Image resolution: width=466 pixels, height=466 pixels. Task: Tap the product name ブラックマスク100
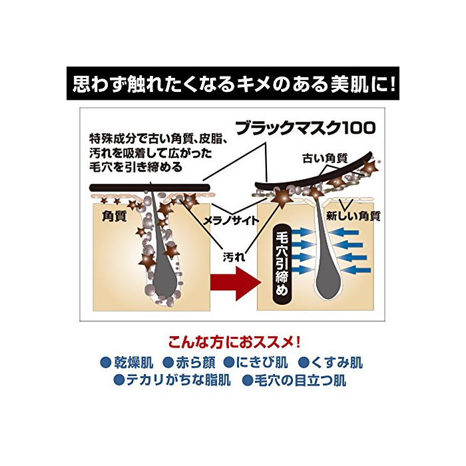tap(306, 128)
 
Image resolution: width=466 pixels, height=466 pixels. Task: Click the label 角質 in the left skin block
tap(114, 216)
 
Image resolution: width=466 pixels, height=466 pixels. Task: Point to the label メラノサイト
tap(231, 220)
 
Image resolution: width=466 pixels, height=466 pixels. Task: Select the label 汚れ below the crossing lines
tap(234, 257)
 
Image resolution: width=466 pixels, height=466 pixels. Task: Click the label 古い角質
tap(325, 158)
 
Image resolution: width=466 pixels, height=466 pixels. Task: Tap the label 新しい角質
tap(353, 216)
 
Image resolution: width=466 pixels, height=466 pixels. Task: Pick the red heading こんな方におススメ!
tap(234, 343)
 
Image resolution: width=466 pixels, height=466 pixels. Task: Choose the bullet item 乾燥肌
tap(127, 363)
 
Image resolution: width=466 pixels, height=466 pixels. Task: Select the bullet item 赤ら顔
tap(189, 363)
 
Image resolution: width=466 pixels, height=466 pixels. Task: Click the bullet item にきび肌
tap(256, 363)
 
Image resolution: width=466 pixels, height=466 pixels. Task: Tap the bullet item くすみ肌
tap(330, 363)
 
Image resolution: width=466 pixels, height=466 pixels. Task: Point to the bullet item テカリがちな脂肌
tap(172, 380)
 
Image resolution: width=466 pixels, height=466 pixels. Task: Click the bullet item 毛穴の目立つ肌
tap(294, 380)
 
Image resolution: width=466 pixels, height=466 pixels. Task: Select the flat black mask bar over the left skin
tap(150, 188)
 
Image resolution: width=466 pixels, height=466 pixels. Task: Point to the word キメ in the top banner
tap(252, 85)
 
